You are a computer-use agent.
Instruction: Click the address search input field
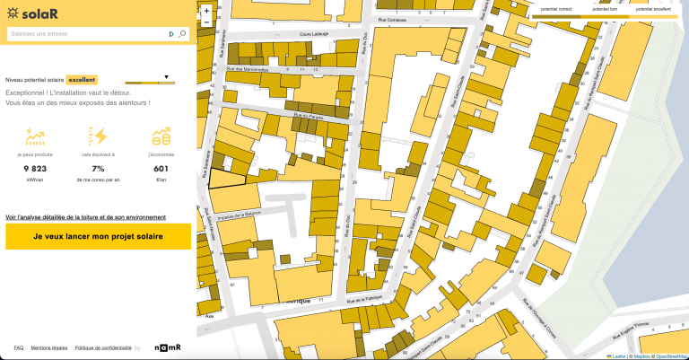85,33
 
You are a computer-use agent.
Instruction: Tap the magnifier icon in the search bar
183,33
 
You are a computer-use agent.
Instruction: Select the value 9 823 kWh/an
34,168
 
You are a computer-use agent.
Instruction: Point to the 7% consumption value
99,168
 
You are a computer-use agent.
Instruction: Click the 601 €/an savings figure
161,168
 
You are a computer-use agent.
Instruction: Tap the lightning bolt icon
99,136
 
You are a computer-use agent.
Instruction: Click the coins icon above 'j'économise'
161,136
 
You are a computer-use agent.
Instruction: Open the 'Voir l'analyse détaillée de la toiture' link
85,217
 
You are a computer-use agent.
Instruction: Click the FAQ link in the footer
19,347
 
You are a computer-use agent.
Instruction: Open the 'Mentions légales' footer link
49,347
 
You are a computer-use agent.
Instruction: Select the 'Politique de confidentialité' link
103,347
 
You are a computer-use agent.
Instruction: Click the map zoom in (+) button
207,11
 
